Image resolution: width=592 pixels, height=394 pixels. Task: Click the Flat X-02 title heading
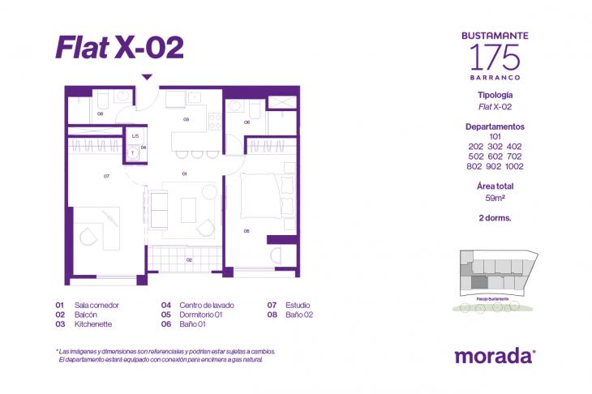[120, 46]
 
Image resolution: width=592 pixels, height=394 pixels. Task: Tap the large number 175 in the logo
[495, 56]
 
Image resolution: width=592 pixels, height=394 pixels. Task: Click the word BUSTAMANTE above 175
[495, 36]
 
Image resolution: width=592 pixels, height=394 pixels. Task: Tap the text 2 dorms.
[495, 217]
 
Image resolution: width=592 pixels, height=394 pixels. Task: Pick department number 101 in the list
[495, 136]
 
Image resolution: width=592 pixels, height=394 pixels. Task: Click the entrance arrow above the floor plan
[147, 78]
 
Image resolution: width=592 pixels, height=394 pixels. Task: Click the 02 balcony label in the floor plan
[188, 259]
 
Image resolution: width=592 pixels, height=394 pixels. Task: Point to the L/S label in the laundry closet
[135, 136]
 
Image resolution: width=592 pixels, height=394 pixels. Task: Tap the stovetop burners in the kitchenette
[215, 122]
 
